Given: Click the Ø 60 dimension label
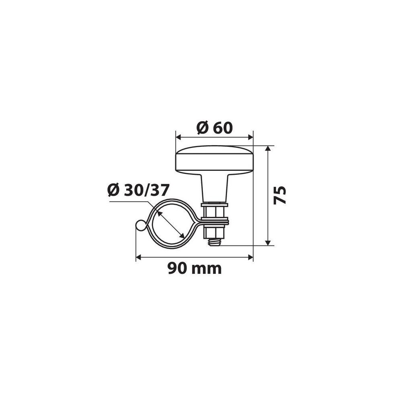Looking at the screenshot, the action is [215, 128].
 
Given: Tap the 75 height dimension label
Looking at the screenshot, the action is [279, 195].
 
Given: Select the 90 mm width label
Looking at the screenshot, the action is [194, 269].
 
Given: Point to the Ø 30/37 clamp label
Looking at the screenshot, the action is [138, 190].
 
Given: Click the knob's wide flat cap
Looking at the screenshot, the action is [214, 159].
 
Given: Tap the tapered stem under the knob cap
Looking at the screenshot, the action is [214, 188].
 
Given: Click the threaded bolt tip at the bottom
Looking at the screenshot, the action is [214, 242].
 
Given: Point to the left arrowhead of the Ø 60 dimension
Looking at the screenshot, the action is [178, 138].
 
